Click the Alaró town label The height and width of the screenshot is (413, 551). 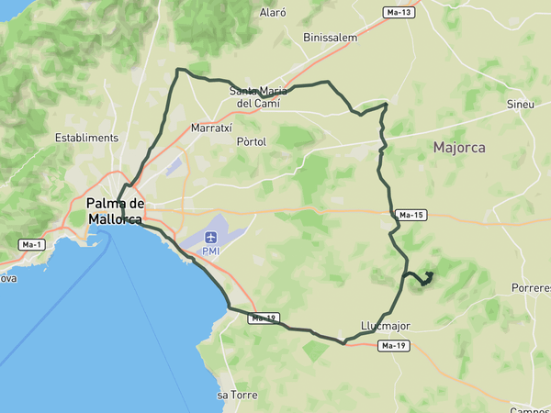click(x=274, y=13)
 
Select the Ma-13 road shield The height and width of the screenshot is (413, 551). click(x=399, y=12)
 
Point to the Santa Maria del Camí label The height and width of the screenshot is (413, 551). click(x=258, y=96)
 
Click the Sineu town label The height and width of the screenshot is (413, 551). click(x=520, y=105)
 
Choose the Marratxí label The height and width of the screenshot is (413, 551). click(x=210, y=128)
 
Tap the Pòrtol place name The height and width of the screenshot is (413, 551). click(x=251, y=142)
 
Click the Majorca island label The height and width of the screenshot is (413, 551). click(x=459, y=147)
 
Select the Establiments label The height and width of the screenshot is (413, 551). click(x=87, y=138)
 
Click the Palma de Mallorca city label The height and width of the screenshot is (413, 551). click(x=115, y=211)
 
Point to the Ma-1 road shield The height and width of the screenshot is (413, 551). click(x=32, y=244)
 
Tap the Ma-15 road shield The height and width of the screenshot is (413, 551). click(x=410, y=215)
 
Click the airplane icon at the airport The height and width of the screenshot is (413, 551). click(x=211, y=238)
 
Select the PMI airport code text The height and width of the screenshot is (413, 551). click(x=211, y=251)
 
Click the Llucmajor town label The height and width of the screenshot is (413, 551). click(x=386, y=325)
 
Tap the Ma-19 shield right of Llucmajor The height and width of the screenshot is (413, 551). click(x=393, y=346)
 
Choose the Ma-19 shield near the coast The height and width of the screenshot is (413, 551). click(x=264, y=318)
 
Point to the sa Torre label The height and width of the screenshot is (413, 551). click(x=236, y=395)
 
